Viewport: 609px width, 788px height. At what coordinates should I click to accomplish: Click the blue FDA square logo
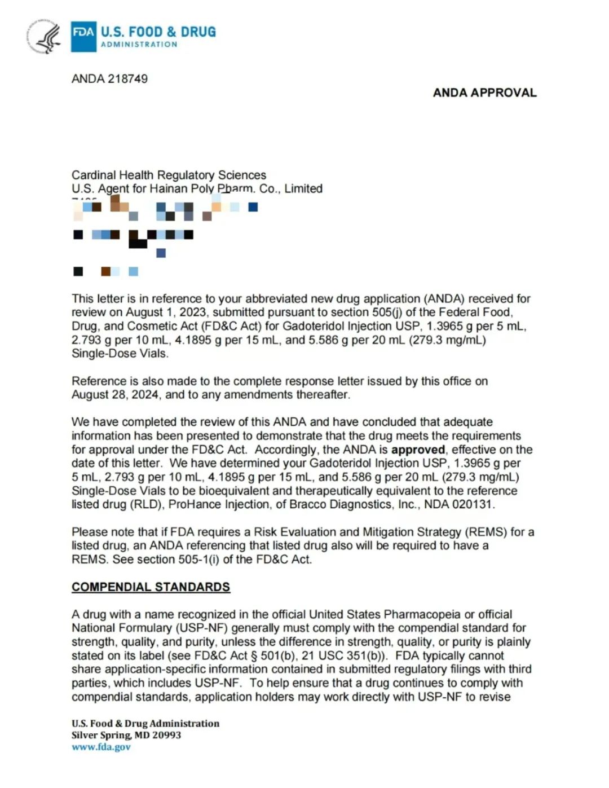tap(83, 37)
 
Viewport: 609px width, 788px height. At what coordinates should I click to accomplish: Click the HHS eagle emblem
tap(45, 37)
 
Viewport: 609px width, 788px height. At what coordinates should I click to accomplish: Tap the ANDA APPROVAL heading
tap(484, 93)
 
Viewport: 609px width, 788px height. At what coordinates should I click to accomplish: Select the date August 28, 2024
tap(115, 395)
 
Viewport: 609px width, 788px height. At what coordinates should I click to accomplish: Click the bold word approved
tap(418, 450)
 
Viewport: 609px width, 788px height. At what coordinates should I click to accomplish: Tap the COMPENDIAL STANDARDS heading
tap(151, 587)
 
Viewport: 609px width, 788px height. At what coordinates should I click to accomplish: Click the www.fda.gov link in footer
tap(101, 747)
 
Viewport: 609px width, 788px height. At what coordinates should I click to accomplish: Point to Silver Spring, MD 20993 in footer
tap(126, 735)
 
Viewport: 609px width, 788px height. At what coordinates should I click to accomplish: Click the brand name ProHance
tap(195, 505)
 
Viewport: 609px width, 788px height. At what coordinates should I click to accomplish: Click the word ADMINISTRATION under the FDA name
tap(139, 45)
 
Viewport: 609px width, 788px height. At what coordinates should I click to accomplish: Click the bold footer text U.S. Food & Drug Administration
tap(145, 723)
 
